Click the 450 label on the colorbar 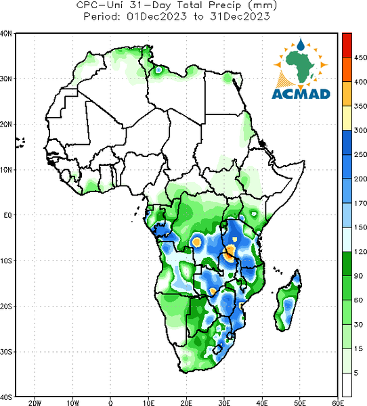(360, 58)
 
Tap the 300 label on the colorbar (360, 130)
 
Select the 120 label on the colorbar (360, 252)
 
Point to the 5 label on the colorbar (356, 373)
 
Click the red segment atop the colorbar (347, 45)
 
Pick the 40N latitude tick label (6, 33)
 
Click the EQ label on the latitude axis (7, 215)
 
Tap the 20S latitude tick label (6, 307)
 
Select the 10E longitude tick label (148, 403)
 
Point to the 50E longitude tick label (300, 403)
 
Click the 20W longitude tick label (35, 403)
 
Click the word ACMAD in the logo (301, 94)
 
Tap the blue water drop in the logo (301, 45)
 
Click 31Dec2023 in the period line (240, 16)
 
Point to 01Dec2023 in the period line (156, 16)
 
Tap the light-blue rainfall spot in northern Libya (158, 70)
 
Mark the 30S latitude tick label (6, 352)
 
